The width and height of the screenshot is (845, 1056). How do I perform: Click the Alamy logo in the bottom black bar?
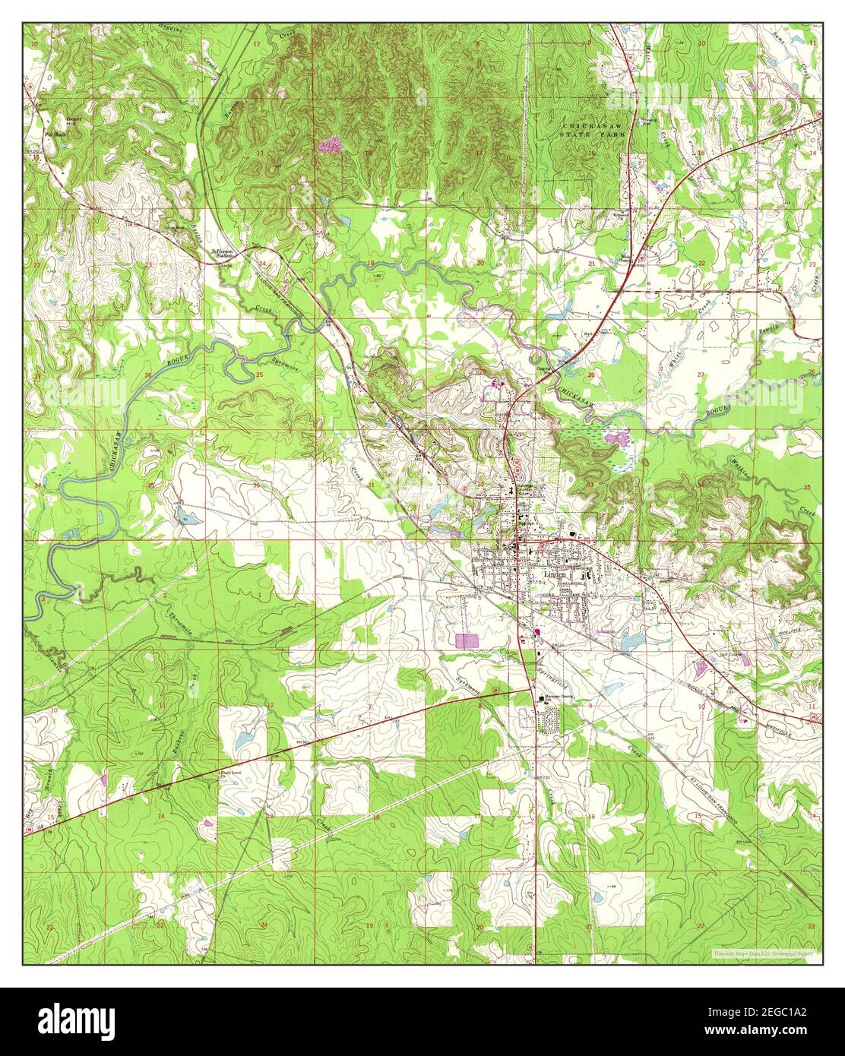[x=76, y=1020]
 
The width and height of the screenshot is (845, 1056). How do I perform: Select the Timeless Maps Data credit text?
[x=765, y=953]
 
